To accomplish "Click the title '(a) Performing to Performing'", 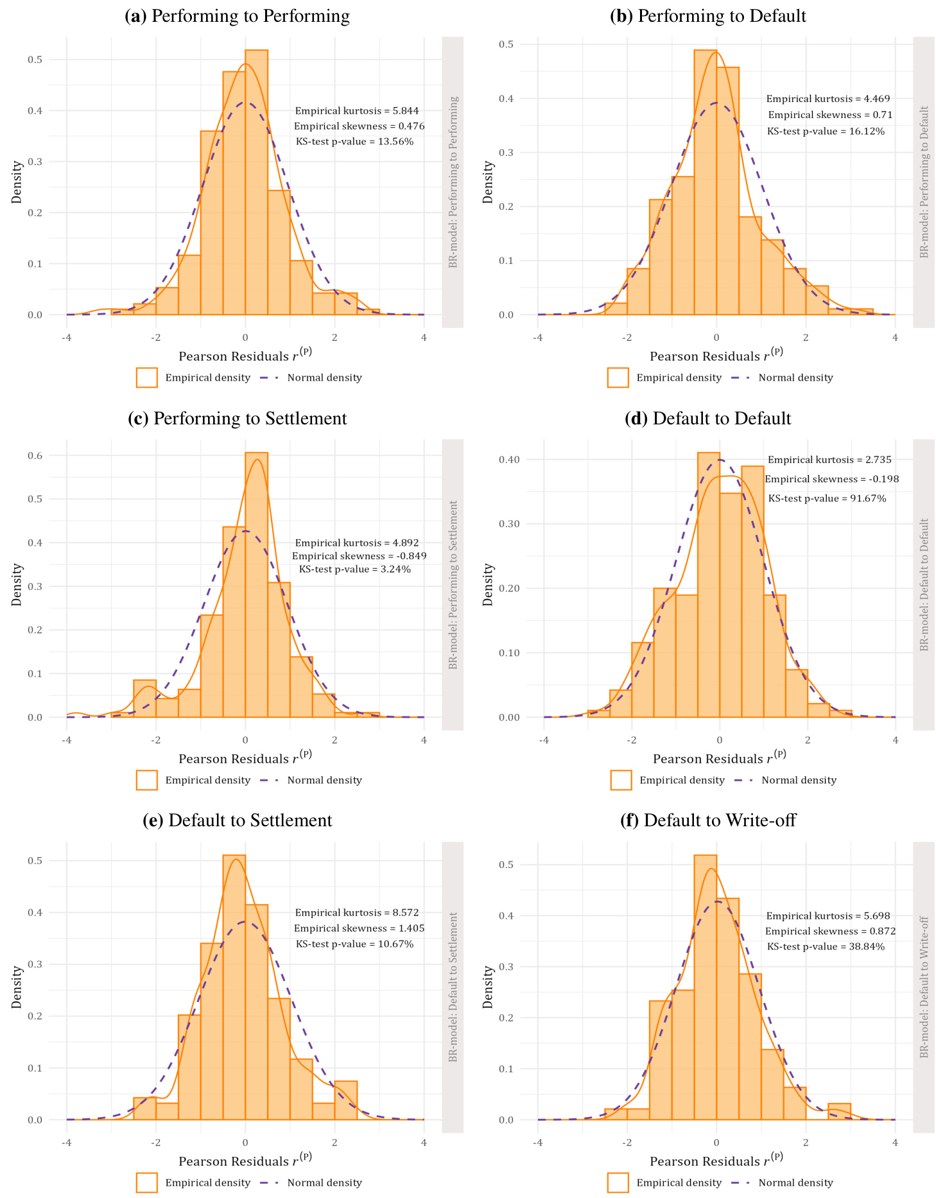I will tap(237, 16).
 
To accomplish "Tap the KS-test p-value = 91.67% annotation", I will tap(827, 498).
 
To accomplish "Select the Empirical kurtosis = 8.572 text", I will tap(357, 912).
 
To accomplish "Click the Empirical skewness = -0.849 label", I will tap(359, 556).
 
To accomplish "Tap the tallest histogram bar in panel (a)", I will tap(256, 182).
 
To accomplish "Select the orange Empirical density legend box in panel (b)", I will tap(618, 378).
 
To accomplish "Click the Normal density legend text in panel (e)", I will tap(324, 1183).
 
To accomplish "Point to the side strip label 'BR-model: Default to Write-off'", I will tap(924, 986).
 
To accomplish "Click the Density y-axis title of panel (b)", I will tap(488, 182).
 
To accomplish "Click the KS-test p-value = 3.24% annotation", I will tap(355, 569).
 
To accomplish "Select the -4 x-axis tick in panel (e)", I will tap(66, 1143).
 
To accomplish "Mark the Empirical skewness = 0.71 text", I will tap(830, 115).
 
